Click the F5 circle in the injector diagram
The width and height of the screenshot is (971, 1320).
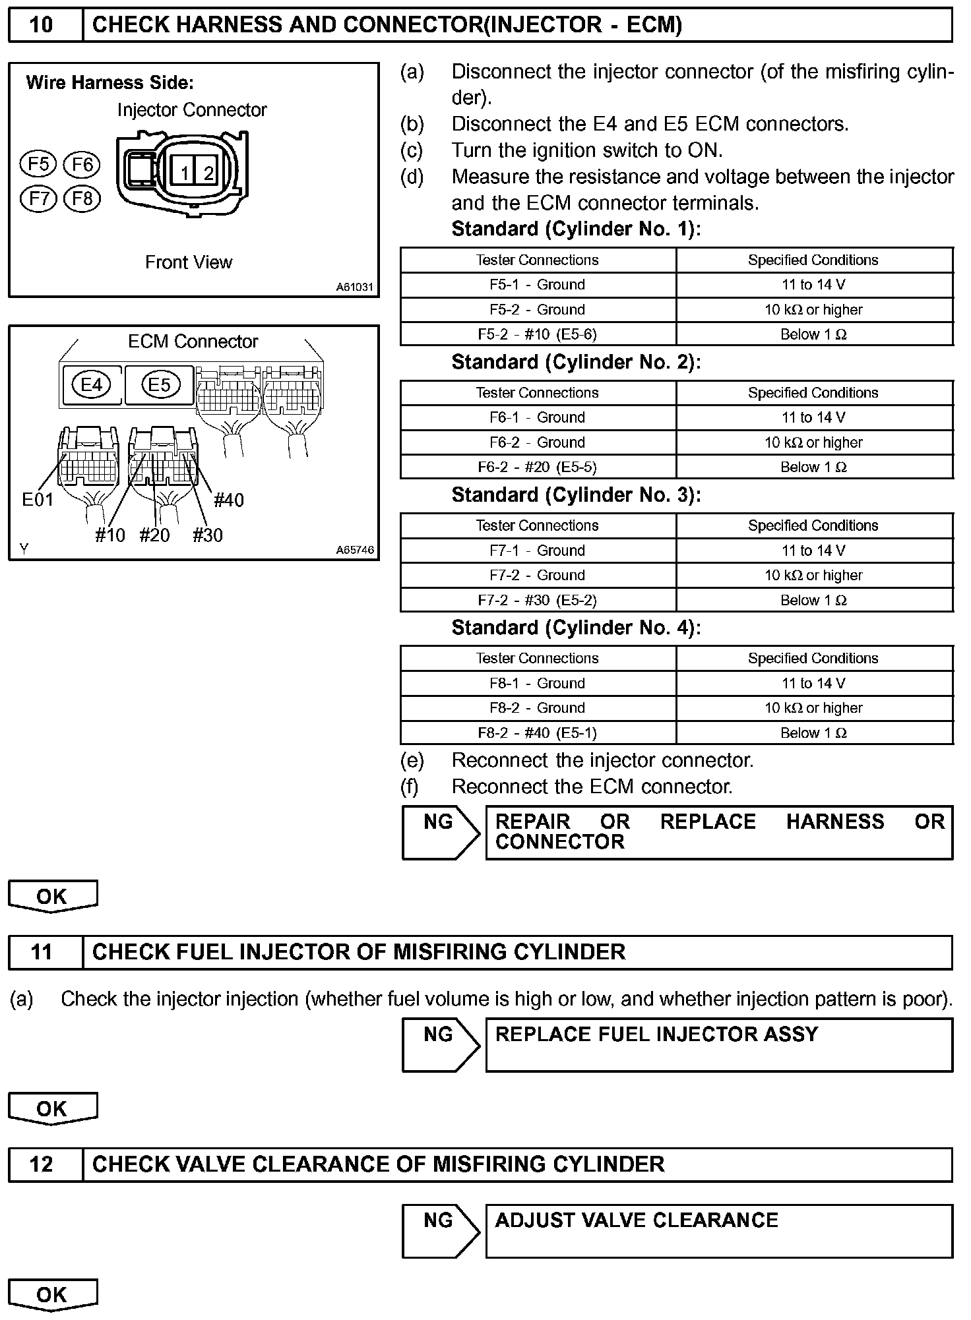coord(38,164)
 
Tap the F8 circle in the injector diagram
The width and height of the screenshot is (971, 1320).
coord(82,198)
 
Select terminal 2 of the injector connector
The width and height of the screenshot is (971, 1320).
coord(208,173)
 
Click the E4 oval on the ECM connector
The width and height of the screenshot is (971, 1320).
coord(92,384)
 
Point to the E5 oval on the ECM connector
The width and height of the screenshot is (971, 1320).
coord(160,384)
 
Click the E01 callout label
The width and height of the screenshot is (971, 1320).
coord(37,500)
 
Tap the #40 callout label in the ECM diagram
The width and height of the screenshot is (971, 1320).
coord(229,500)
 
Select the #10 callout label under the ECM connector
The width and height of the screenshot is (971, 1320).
coord(110,535)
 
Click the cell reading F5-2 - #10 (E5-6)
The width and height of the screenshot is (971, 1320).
coord(538,334)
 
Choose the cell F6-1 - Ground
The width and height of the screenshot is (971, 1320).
coord(538,417)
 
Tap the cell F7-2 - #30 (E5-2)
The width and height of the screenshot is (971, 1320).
coord(538,600)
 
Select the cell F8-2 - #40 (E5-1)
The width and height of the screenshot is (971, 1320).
coord(538,733)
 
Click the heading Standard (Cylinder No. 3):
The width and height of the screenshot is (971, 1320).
coord(576,495)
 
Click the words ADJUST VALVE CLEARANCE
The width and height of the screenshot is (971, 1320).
coord(637,1220)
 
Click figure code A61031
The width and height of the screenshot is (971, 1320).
coord(355,287)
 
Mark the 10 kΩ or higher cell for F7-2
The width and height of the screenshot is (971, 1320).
coord(813,576)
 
